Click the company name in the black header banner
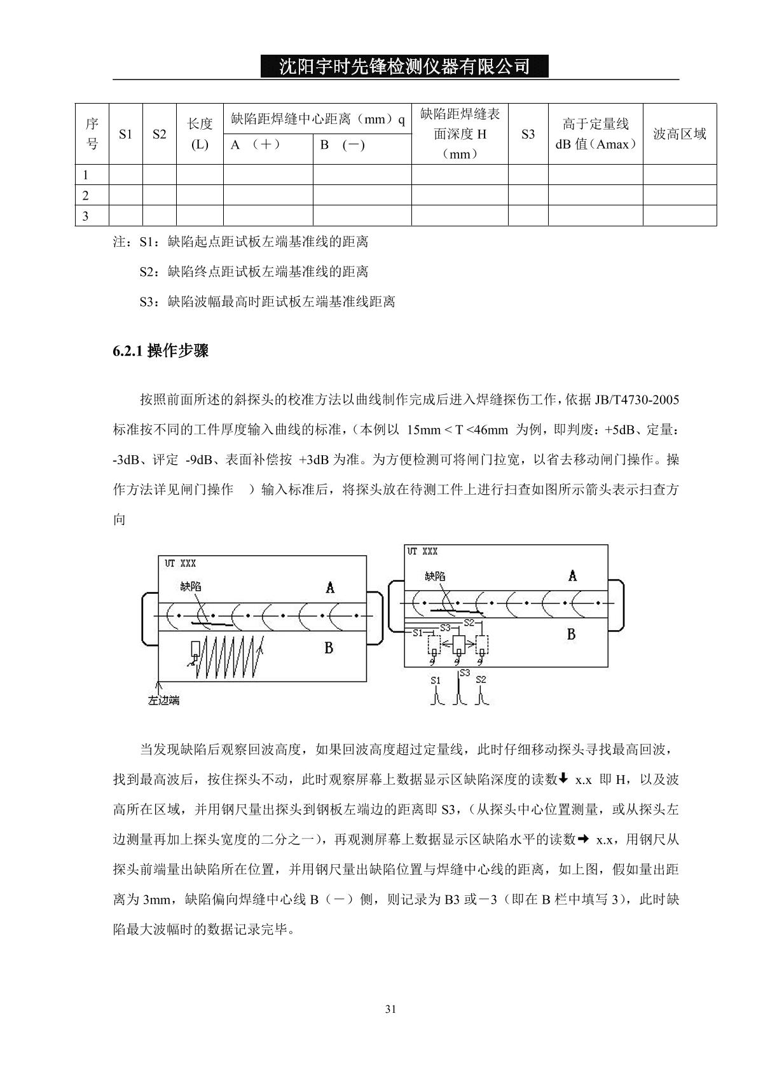pos(404,66)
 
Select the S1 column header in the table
pos(126,134)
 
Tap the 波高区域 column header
pos(680,134)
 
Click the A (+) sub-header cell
pos(255,145)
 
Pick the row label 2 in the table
pos(86,195)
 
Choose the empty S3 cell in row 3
pos(528,216)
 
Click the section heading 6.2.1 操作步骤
pos(161,351)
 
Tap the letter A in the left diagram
pos(330,588)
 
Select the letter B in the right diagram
pos(571,634)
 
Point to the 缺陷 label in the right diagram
pos(436,576)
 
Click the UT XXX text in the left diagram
pos(181,563)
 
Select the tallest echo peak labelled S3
pos(458,690)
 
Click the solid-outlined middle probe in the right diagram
pos(459,645)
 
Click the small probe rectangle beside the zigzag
pos(195,649)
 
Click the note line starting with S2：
pos(254,272)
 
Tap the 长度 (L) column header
pos(200,134)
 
